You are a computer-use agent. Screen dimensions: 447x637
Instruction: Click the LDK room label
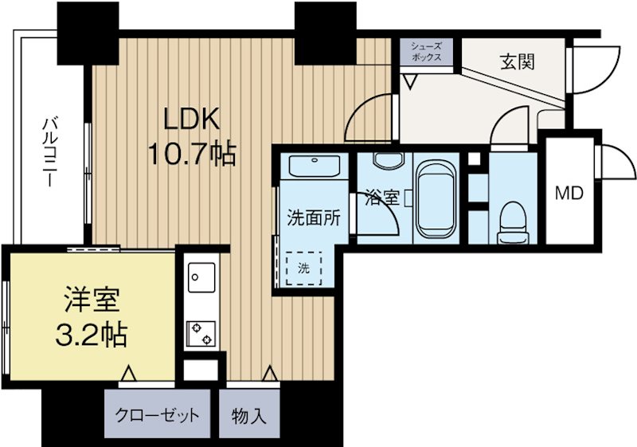coord(191,119)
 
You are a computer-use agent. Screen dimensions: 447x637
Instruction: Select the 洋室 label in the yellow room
coord(92,300)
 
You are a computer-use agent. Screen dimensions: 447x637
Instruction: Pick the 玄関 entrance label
coord(516,61)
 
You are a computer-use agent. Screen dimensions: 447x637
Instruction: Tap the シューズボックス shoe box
coord(426,53)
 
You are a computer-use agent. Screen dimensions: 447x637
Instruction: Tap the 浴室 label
coord(381,198)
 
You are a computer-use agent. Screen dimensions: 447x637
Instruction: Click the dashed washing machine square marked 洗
coord(303,268)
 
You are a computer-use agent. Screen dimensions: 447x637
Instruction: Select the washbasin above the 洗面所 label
coord(315,168)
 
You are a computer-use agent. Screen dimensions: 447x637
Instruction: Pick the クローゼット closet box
coord(157,415)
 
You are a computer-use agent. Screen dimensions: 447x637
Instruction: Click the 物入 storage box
coord(249,415)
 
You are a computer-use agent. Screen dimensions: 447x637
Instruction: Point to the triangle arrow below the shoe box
coord(411,80)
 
